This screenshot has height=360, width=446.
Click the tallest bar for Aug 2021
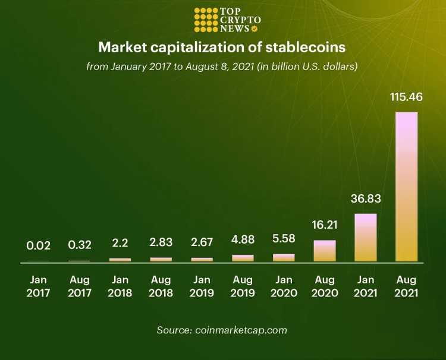click(406, 187)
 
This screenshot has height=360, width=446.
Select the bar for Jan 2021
click(366, 238)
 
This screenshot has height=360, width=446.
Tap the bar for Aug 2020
click(325, 251)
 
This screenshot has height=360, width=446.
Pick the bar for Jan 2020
click(284, 258)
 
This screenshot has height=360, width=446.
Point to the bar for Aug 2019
click(243, 258)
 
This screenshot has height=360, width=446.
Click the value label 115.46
click(406, 96)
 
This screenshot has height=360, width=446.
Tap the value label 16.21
click(325, 225)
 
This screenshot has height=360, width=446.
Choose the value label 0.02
click(38, 245)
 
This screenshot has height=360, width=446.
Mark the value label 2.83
click(161, 244)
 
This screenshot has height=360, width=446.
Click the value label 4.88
click(243, 241)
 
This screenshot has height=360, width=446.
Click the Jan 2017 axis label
click(38, 285)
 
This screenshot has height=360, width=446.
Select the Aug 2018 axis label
click(161, 285)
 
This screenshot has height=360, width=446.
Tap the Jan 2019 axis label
click(202, 285)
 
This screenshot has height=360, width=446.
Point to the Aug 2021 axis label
click(406, 285)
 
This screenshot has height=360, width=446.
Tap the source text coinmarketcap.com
click(241, 330)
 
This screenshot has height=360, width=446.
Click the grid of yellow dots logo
click(206, 20)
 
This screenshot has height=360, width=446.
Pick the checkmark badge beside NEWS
click(255, 29)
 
